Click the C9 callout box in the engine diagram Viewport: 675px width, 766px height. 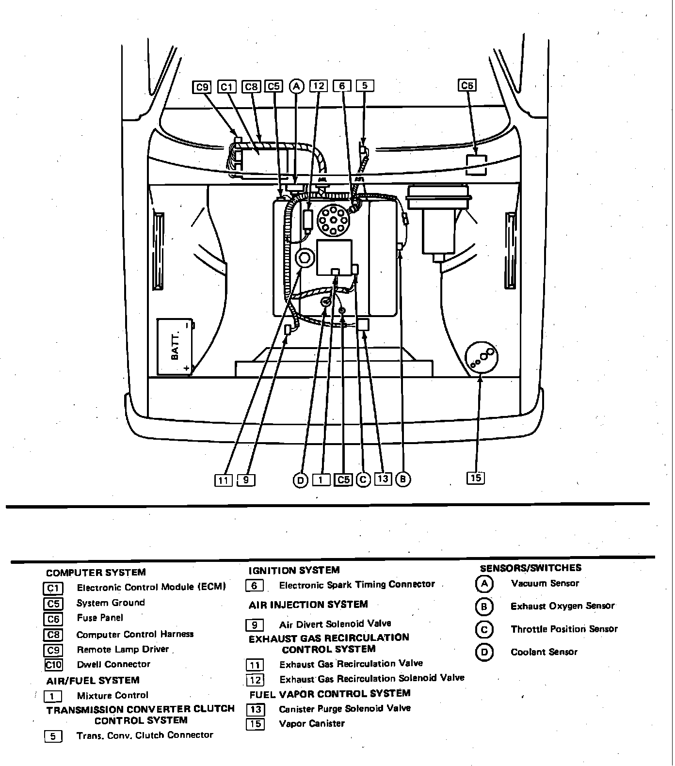[x=202, y=87]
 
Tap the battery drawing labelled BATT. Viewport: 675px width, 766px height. [x=175, y=347]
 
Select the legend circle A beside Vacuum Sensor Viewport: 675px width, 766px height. [x=484, y=584]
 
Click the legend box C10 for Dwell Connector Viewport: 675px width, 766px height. [x=53, y=665]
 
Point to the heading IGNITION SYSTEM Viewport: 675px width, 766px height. [x=294, y=571]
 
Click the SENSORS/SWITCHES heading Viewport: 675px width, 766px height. [x=530, y=568]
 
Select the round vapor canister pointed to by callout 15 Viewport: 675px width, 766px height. [x=482, y=357]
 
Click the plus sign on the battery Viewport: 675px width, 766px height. [x=187, y=368]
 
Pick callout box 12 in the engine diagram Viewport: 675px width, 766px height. [x=318, y=86]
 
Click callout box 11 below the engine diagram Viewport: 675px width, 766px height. [x=223, y=480]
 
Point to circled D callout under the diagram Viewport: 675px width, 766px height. [x=301, y=480]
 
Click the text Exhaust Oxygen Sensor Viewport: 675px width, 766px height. [x=562, y=606]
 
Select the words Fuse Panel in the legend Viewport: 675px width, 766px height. [x=100, y=618]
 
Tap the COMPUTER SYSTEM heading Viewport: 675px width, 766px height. [x=96, y=573]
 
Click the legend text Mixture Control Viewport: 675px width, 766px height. [x=112, y=696]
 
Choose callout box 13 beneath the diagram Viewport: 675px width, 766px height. [x=383, y=479]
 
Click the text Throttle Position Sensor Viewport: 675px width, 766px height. [x=564, y=629]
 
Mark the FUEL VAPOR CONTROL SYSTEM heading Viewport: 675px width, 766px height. [x=330, y=694]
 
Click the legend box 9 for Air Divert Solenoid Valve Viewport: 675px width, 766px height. [x=255, y=625]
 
